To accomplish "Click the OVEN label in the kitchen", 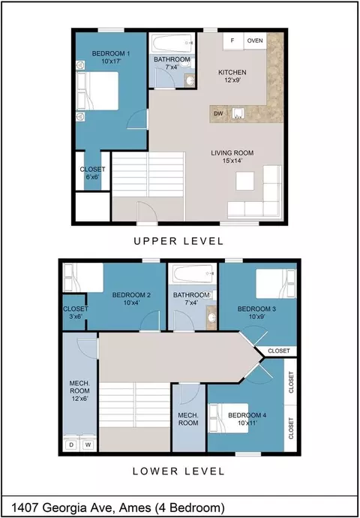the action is tap(255, 41).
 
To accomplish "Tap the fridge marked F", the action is tap(233, 41).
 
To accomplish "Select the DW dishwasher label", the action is tap(218, 113).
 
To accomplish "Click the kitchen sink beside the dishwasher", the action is tap(238, 113).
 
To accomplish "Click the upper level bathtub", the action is tap(173, 43).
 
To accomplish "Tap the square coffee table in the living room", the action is tap(244, 181).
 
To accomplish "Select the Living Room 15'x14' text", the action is tap(232, 157).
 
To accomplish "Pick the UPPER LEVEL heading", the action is tap(178, 241).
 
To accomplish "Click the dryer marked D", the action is tap(71, 444).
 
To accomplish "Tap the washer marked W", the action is tap(88, 444).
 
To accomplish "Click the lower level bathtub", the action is tap(192, 274).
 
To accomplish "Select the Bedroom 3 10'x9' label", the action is tap(256, 312).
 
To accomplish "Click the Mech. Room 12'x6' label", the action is tap(79, 391).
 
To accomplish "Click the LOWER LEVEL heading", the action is tap(178, 471).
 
